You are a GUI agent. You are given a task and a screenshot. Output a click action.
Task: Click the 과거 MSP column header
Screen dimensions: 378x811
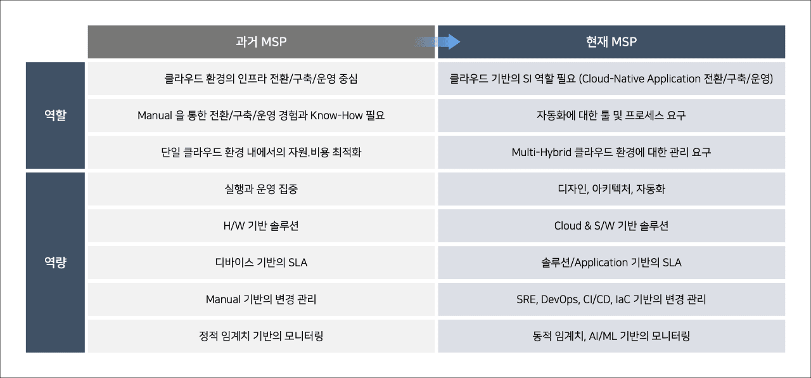261,42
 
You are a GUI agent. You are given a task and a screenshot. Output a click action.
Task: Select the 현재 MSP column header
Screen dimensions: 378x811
611,42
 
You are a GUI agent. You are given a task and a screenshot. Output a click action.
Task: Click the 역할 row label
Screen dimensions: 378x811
55,115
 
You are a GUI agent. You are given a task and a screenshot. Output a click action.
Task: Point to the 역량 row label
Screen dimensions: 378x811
55,263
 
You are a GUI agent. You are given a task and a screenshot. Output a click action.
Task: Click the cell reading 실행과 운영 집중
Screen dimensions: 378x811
261,189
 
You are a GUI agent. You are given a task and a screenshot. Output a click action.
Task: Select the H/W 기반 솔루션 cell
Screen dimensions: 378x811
261,226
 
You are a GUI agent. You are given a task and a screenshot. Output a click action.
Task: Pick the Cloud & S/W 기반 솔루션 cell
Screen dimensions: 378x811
611,226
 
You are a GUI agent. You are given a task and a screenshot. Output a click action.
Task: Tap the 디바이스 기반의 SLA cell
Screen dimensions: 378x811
261,263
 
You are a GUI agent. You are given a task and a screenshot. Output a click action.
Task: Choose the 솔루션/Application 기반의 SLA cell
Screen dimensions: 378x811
611,263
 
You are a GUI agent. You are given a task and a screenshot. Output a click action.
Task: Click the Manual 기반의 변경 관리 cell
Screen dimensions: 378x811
261,299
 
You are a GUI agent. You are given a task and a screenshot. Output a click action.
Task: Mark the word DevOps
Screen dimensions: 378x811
559,299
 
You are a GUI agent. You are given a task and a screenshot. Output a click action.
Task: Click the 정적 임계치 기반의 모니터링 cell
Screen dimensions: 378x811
261,336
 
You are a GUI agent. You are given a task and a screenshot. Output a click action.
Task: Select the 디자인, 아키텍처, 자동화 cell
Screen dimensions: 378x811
611,189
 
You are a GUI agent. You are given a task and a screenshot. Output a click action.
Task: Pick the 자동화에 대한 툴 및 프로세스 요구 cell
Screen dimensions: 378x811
611,115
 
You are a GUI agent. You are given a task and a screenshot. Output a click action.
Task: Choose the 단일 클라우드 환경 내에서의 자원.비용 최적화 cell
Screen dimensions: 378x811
261,152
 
